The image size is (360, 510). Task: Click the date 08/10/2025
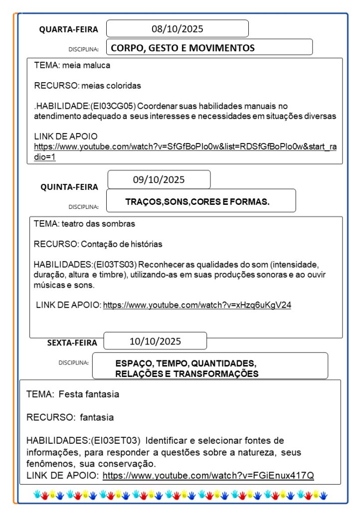click(177, 29)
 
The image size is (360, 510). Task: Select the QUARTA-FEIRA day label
click(69, 29)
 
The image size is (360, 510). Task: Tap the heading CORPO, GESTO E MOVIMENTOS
click(182, 48)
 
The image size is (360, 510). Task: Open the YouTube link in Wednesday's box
click(184, 147)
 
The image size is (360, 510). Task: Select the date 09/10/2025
click(159, 179)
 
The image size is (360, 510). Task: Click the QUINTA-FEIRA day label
click(69, 187)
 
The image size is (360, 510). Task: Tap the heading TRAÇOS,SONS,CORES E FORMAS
click(197, 202)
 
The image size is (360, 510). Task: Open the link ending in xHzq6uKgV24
click(197, 305)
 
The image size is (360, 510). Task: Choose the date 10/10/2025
click(155, 341)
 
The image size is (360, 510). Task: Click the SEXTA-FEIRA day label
click(72, 342)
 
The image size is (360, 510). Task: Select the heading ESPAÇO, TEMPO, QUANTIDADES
click(185, 363)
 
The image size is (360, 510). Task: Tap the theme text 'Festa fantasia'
click(89, 394)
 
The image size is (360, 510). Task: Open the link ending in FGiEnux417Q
click(208, 476)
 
